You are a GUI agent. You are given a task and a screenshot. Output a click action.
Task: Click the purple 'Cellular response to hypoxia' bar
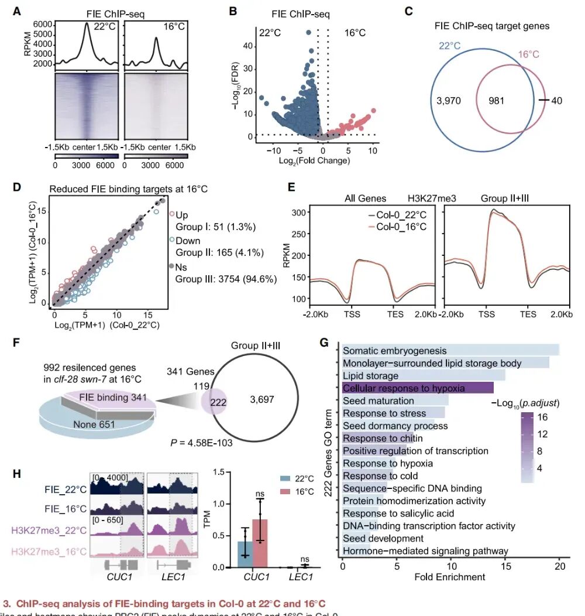coord(418,388)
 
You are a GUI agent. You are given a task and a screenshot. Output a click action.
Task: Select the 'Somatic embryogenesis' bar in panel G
coord(450,350)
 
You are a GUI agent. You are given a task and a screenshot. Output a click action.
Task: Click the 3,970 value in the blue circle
coord(449,101)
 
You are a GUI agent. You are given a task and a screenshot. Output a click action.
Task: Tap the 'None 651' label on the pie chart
coord(94,423)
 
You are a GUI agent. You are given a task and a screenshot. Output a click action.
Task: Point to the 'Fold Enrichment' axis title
coord(450,577)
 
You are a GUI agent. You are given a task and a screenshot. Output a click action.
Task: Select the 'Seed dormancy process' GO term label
coord(387,426)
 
